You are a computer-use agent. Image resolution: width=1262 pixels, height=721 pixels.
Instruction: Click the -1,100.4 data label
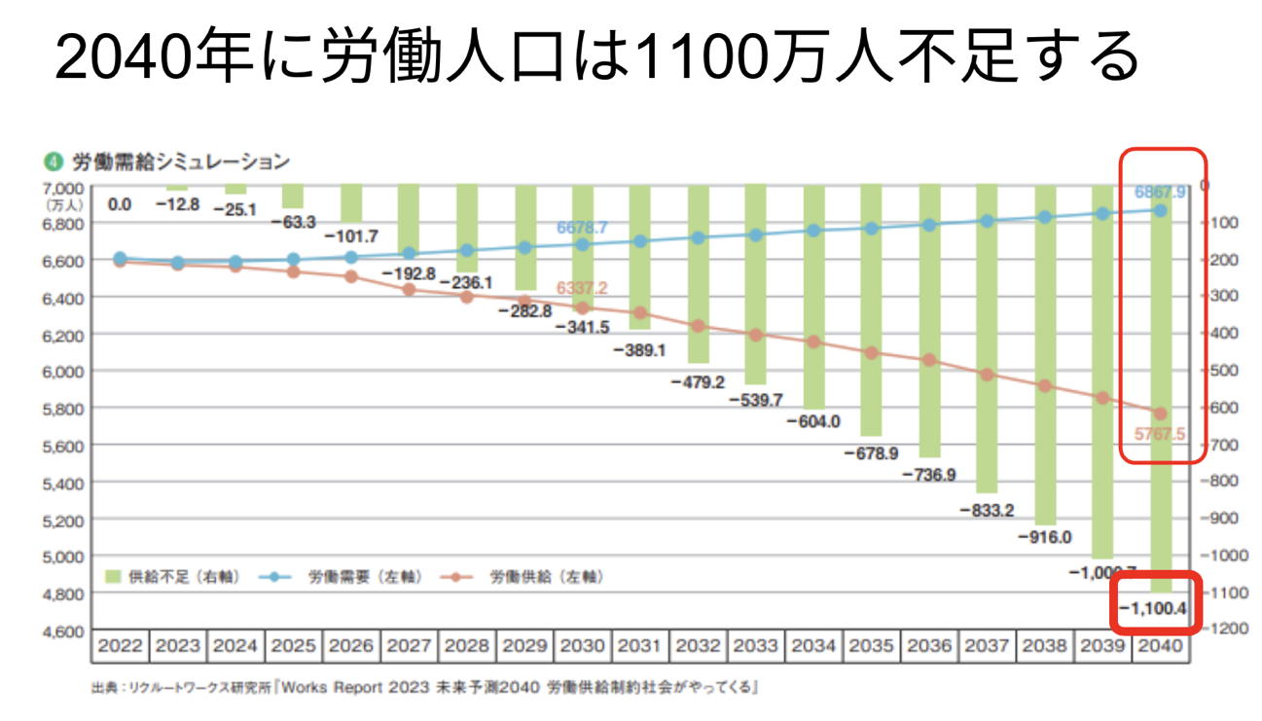[x=1153, y=609]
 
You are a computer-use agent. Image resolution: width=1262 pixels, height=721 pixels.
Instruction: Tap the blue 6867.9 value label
[x=1161, y=193]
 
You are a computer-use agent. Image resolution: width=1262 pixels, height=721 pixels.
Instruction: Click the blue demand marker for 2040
[x=1160, y=210]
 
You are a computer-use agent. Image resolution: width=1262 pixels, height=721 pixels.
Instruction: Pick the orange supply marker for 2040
[x=1160, y=415]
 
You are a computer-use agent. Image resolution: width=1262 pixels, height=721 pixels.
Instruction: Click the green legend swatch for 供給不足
[x=112, y=577]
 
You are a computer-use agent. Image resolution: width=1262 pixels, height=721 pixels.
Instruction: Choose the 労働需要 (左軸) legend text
[x=366, y=577]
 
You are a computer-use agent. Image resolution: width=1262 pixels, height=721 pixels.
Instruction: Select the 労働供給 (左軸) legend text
[x=547, y=577]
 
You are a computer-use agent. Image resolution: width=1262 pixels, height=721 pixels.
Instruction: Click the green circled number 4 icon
[x=54, y=161]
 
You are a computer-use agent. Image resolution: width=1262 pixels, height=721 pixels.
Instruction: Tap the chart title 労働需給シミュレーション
[x=180, y=161]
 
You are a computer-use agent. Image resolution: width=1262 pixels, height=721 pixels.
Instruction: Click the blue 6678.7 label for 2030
[x=582, y=228]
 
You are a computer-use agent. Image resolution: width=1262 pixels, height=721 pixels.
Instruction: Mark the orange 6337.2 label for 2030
[x=582, y=288]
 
